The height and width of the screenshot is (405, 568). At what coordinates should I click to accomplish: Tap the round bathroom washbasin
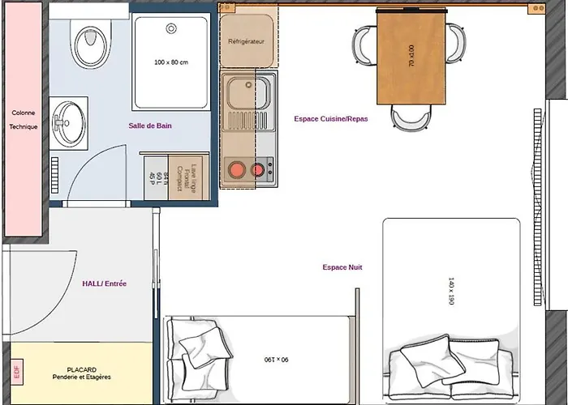67,114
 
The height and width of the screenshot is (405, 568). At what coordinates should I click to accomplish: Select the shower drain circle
171,28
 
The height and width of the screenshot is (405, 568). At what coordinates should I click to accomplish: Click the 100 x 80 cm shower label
171,62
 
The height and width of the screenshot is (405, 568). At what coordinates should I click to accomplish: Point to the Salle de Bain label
150,126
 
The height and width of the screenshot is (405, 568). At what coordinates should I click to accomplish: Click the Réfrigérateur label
247,40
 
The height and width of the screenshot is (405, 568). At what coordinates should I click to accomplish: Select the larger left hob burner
238,170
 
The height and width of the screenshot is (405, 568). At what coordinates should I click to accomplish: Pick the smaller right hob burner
259,170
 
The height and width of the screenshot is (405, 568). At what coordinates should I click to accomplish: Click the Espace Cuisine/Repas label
330,118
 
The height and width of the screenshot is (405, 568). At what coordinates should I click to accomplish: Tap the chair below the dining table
411,119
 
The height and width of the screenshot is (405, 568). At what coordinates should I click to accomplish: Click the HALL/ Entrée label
104,283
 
